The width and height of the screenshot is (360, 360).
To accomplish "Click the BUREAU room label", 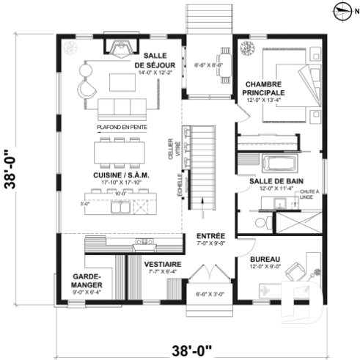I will point(263,259).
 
